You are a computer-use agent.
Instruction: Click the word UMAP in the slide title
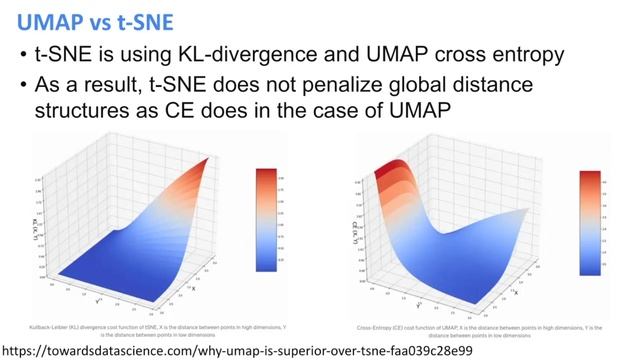click(x=39, y=20)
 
